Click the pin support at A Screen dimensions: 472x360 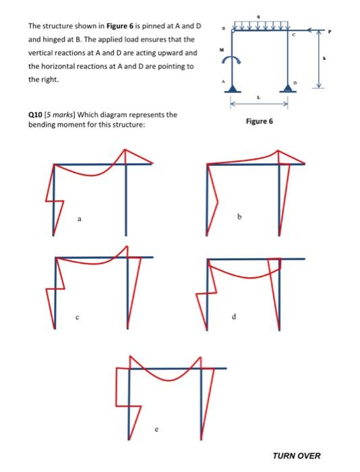tap(233, 88)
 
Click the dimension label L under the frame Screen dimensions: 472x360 tap(261, 99)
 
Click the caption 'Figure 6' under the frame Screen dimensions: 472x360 tap(260, 122)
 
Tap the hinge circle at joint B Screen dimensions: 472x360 tap(234, 30)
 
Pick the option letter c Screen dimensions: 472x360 tap(78, 319)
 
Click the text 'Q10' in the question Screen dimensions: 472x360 tap(36, 115)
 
